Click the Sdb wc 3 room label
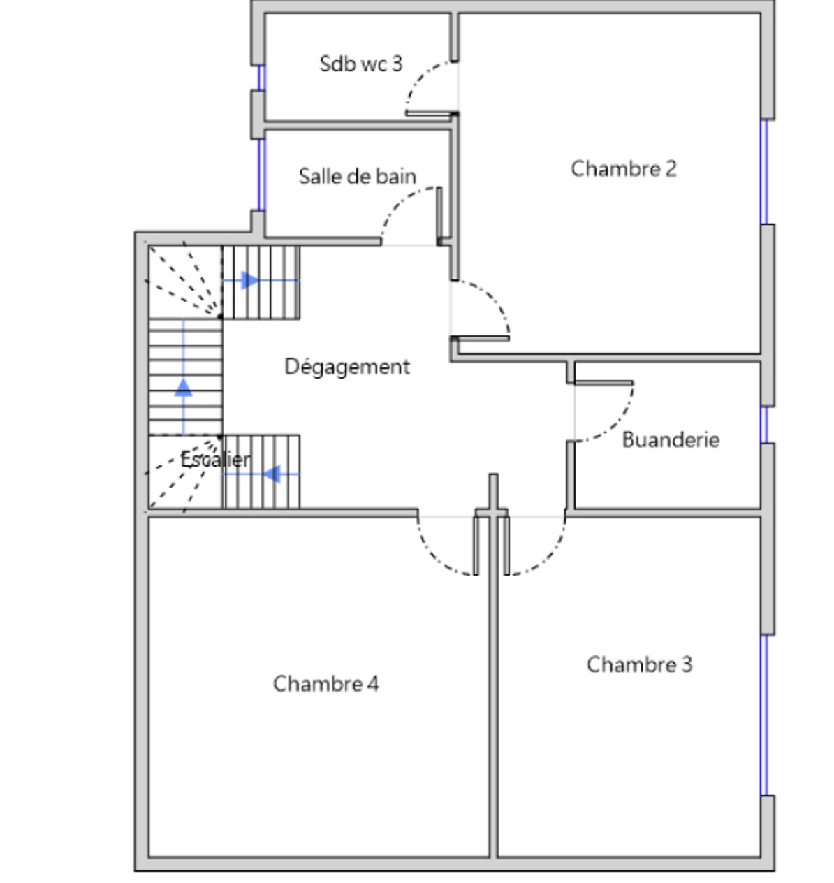[361, 64]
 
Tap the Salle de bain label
[358, 176]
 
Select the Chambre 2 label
[624, 169]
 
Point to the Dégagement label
[347, 367]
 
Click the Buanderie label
[671, 439]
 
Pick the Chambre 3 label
[640, 664]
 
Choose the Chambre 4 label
[326, 683]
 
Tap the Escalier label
[216, 459]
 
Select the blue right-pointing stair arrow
[261, 281]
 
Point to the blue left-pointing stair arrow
[261, 474]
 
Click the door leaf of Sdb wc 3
[432, 114]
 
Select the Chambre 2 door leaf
[480, 338]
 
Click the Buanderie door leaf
[604, 383]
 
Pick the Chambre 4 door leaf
[476, 546]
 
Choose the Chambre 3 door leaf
[506, 546]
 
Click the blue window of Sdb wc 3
[262, 78]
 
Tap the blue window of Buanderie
[764, 425]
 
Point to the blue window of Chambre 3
[764, 715]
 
